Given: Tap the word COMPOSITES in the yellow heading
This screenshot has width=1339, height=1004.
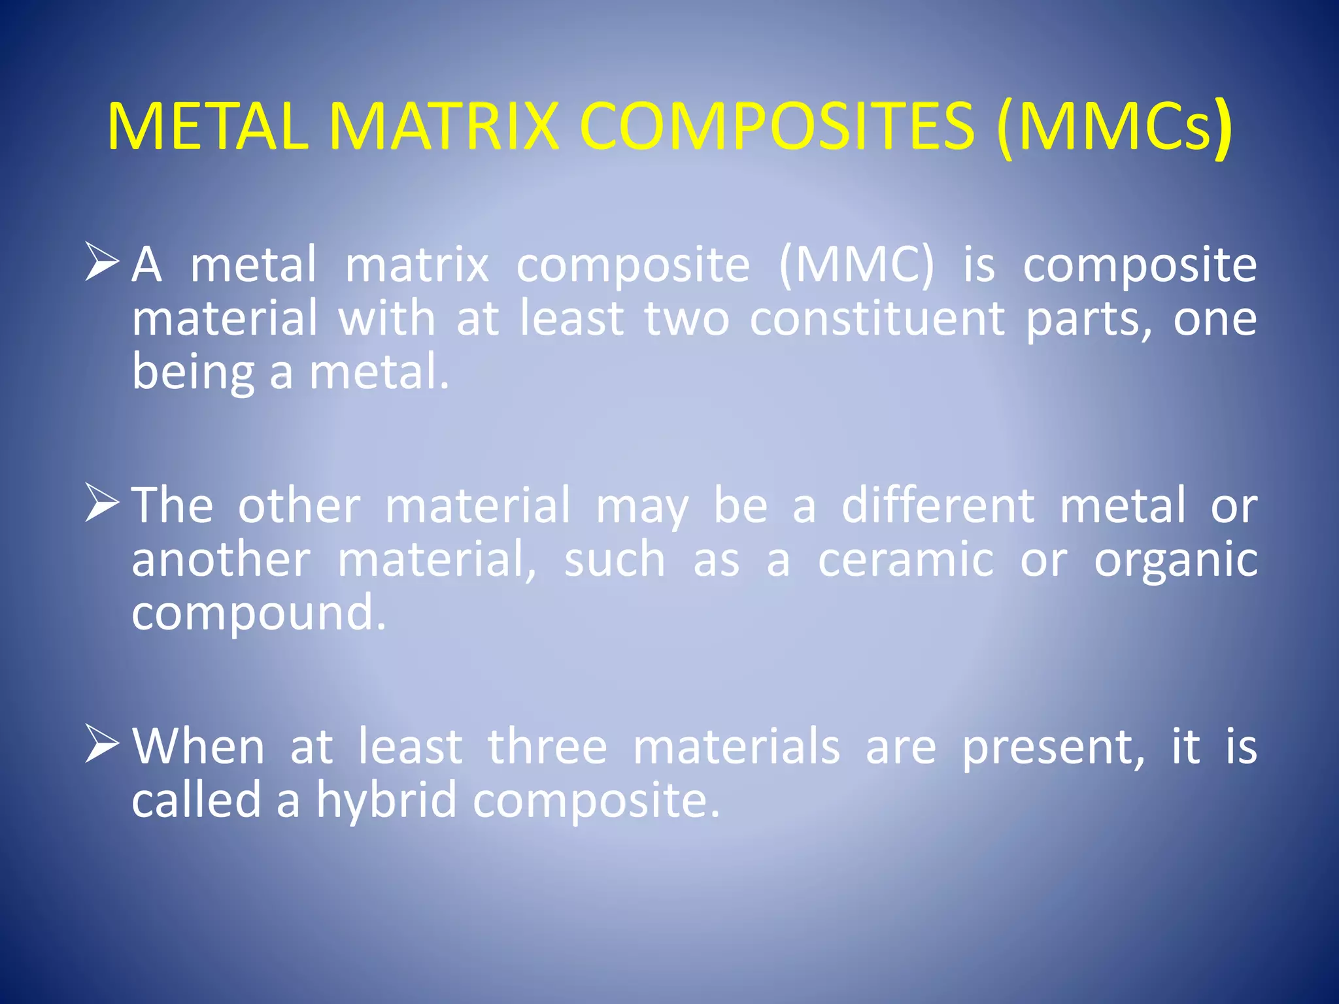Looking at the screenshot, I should (x=777, y=127).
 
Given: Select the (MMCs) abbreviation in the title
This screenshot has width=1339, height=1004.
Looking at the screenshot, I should (x=1114, y=127).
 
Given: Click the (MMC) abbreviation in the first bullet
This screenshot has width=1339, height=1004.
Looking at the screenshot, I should (x=856, y=265).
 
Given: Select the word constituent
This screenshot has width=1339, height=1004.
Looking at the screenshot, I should (x=877, y=319).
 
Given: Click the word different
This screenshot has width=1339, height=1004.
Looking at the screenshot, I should (x=938, y=506).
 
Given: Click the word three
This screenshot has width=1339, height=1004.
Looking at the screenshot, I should (x=547, y=747).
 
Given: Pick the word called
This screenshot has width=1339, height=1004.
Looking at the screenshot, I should (x=196, y=800).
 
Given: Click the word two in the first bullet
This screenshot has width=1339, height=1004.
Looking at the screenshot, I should (x=686, y=319).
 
